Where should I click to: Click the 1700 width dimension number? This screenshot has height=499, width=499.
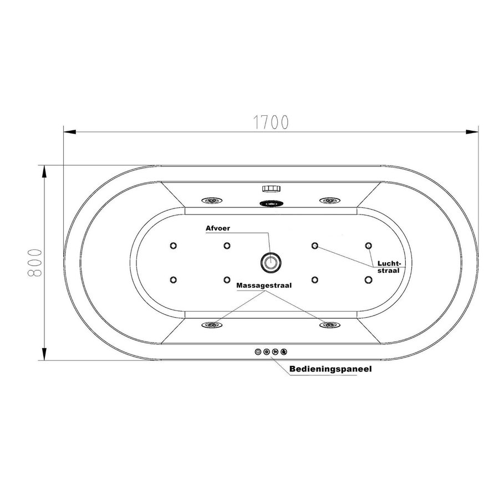click(271, 121)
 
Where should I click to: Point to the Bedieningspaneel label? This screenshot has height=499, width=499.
click(330, 368)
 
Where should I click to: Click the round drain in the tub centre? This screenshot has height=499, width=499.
click(271, 261)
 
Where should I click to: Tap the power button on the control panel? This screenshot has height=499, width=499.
click(258, 352)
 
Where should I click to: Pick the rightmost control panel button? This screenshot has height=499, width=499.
click(284, 352)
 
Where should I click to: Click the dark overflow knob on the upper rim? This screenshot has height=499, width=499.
click(271, 203)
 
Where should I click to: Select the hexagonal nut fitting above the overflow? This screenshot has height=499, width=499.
click(271, 190)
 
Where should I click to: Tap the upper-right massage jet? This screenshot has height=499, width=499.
click(329, 200)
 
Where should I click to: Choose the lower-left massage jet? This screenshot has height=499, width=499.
click(212, 325)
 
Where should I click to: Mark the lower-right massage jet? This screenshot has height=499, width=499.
click(329, 325)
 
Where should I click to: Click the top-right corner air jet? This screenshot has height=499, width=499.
click(368, 246)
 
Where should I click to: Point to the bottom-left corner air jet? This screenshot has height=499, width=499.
click(174, 279)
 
